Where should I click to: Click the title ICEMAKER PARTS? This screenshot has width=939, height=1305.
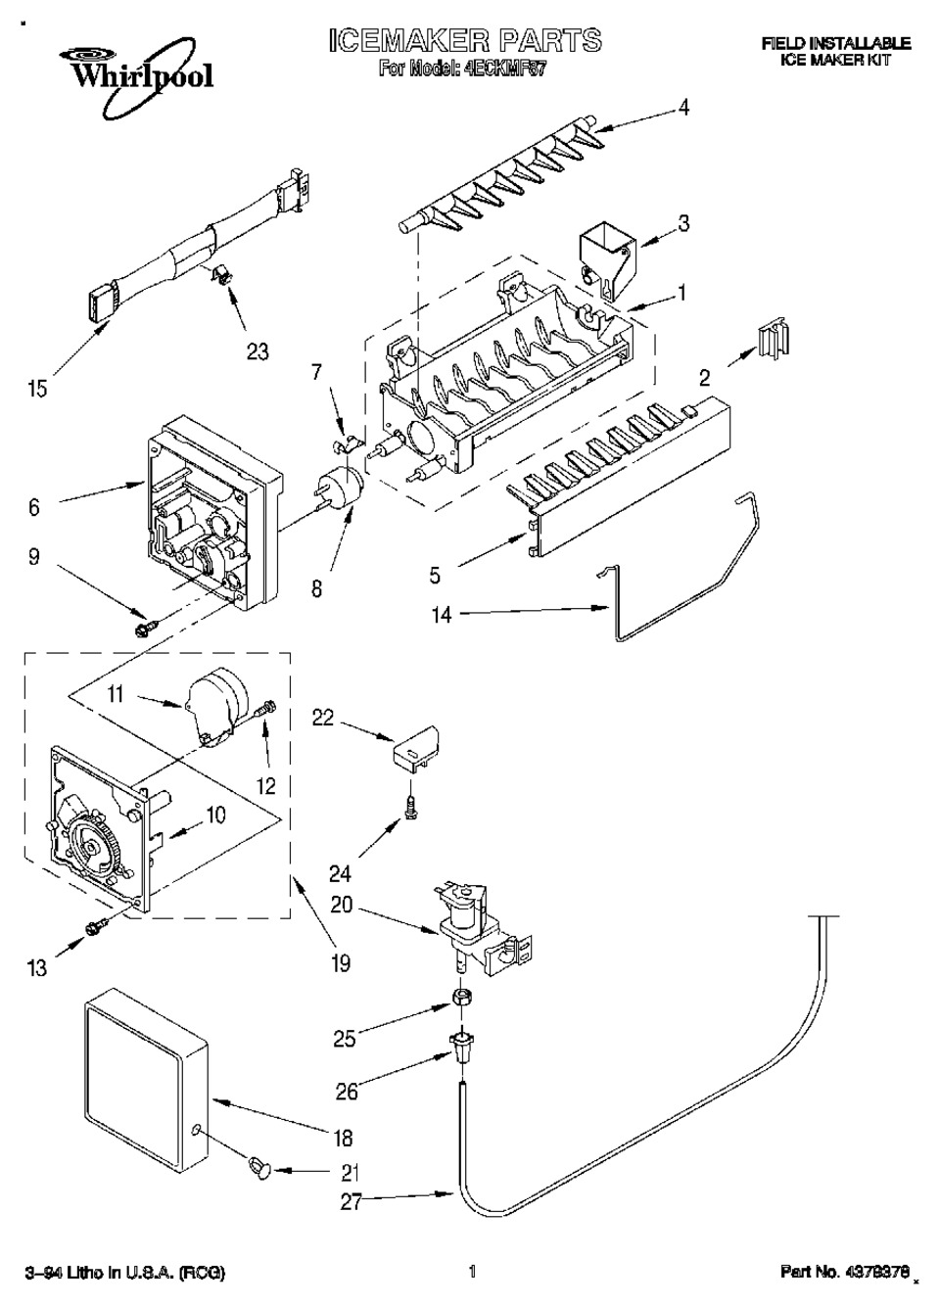[x=464, y=40]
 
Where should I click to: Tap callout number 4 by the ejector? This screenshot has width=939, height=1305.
[x=684, y=108]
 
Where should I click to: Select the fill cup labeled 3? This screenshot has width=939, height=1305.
[x=604, y=255]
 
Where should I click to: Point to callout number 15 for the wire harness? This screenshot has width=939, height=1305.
[x=36, y=389]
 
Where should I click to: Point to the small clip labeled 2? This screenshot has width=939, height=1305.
[x=771, y=340]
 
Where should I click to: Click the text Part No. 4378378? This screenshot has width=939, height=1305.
[x=844, y=1273]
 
